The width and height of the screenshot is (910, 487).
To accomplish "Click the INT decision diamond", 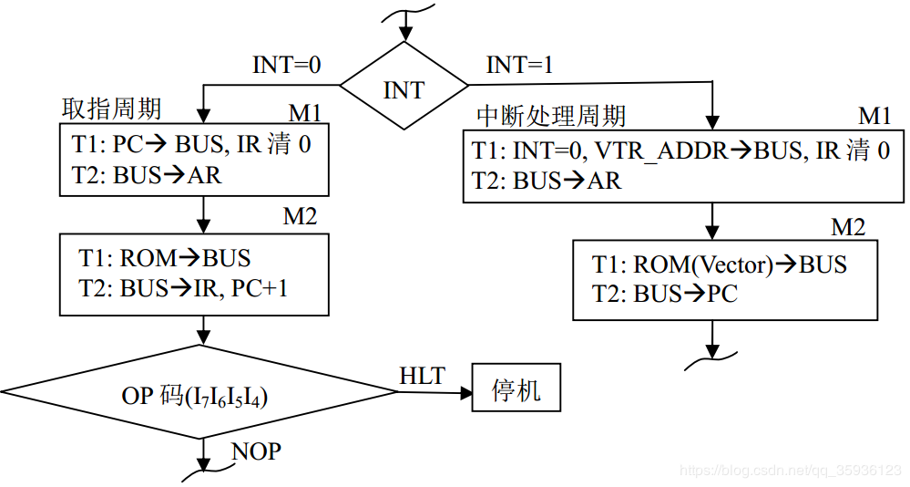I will [403, 89].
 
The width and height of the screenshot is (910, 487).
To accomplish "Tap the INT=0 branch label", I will [287, 66].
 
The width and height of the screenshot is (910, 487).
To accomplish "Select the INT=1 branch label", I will [520, 66].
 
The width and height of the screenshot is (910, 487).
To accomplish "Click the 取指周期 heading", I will [111, 109].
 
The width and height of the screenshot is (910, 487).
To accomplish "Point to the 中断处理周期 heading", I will [551, 116].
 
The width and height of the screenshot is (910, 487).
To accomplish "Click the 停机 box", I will [516, 391].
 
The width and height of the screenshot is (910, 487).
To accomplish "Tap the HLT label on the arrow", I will [422, 375].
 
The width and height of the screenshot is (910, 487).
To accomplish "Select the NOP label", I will [256, 451].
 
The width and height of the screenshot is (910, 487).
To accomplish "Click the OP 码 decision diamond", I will [199, 395].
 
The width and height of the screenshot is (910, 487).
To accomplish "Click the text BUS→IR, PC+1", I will [210, 288].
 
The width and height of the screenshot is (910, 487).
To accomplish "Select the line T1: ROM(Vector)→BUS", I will [719, 264].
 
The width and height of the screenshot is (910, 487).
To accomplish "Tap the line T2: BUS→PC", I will [664, 294].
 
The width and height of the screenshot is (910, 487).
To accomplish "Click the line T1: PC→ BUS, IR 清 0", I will [189, 144].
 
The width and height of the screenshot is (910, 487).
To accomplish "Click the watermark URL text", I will [791, 471].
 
